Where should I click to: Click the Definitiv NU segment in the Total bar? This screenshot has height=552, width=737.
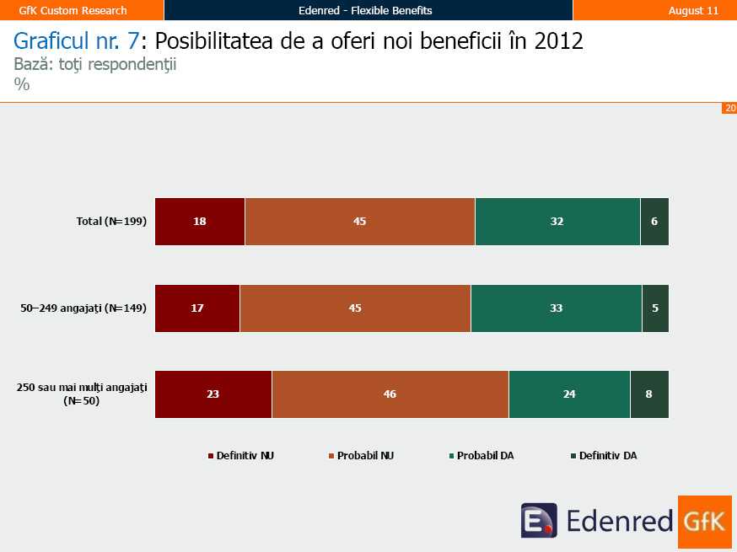point(200,222)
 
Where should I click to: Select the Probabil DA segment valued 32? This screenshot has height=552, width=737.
point(557,222)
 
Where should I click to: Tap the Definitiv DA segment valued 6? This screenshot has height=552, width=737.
point(654,222)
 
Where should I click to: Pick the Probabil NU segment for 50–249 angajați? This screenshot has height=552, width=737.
point(355,308)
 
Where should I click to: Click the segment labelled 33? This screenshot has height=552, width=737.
point(557,308)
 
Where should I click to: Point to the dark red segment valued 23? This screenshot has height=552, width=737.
point(213,394)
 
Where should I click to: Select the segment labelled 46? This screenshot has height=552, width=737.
point(390,394)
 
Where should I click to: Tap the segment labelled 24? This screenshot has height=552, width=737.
point(569,394)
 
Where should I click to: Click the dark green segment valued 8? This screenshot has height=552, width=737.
point(649,394)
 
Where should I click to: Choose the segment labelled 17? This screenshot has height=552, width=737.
point(197,308)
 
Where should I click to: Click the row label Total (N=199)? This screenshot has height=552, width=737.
point(111,222)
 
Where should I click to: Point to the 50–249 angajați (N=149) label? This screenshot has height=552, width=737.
point(83,308)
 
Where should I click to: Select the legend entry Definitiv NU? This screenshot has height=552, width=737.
point(245,456)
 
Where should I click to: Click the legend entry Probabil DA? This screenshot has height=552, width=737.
point(485,456)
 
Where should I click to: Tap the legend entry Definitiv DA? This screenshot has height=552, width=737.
point(607,456)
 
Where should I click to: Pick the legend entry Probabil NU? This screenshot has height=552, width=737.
point(365,456)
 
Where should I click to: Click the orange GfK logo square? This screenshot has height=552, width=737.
point(704,522)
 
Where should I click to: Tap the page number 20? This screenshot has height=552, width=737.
point(729,108)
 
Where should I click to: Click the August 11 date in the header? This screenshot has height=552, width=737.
point(693,10)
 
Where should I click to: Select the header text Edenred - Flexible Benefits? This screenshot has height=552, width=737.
point(365,10)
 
